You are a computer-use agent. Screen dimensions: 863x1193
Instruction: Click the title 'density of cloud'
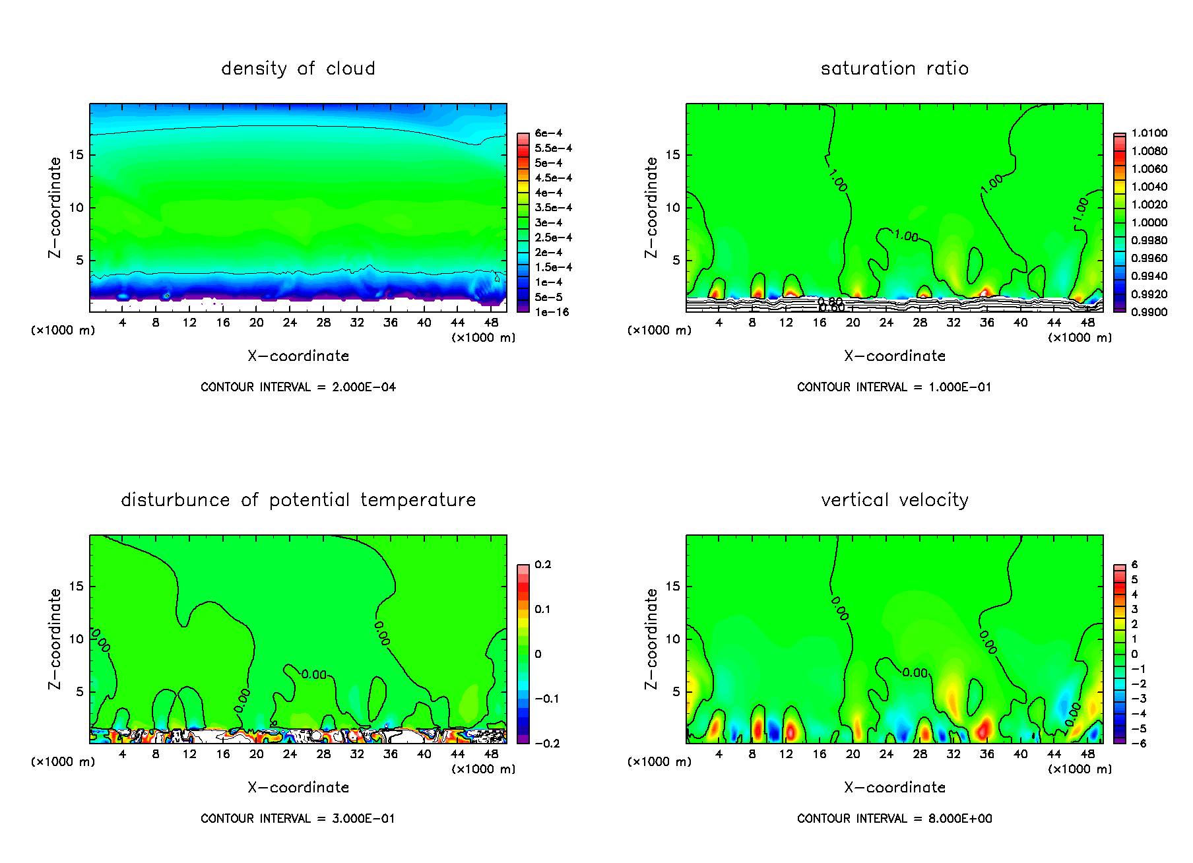tap(298, 69)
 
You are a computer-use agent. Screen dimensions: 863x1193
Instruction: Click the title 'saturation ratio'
tap(894, 69)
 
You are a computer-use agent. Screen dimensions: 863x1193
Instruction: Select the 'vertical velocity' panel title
tap(894, 500)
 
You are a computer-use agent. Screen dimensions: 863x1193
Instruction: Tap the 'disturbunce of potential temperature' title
tap(298, 500)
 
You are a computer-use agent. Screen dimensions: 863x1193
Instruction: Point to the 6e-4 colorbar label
tap(548, 133)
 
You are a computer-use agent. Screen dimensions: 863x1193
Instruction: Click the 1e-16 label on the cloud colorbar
tap(552, 312)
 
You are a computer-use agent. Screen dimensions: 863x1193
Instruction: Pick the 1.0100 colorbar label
tap(1149, 133)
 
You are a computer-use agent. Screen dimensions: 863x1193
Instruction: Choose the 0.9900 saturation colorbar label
tap(1149, 312)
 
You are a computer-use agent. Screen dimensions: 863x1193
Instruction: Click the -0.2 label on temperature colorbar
tap(547, 744)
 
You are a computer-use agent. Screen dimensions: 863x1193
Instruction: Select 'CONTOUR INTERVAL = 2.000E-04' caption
tap(298, 387)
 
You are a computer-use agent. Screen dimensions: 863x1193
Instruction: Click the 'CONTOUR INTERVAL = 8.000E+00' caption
tap(894, 819)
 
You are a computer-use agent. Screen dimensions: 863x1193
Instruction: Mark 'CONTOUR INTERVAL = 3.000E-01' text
tap(298, 819)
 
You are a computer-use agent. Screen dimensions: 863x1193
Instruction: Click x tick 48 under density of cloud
tap(491, 323)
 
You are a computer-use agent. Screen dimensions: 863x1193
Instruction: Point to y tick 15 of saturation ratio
tap(672, 155)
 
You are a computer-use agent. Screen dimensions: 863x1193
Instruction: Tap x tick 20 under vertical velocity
tap(853, 754)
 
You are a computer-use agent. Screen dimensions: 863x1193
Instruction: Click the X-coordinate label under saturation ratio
tap(894, 356)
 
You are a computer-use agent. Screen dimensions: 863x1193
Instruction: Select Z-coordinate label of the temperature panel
tap(55, 639)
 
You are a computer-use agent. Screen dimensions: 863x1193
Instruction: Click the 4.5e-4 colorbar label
tap(553, 178)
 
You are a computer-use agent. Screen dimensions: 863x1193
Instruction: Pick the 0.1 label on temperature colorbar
tap(542, 609)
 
